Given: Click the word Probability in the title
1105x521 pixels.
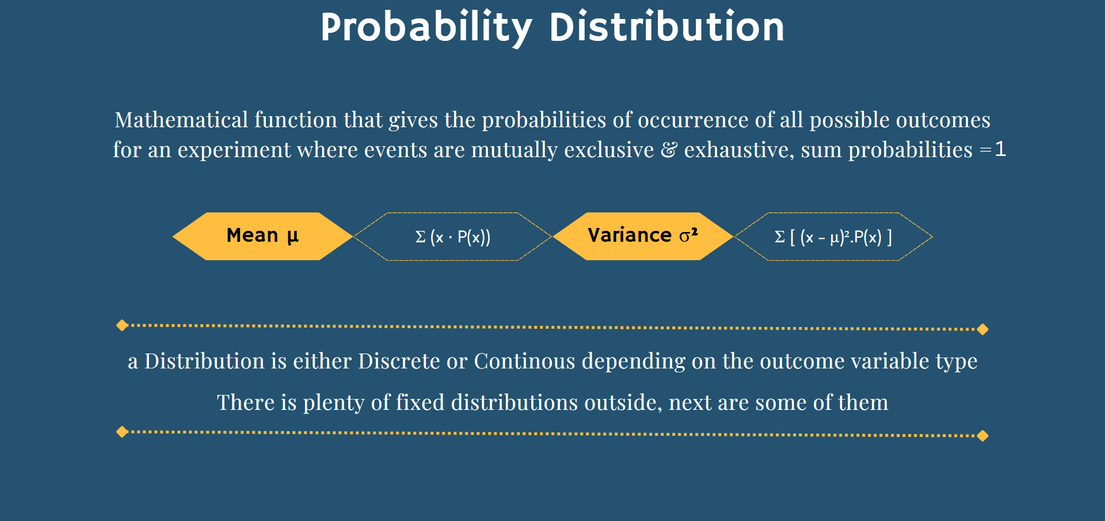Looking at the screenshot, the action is coord(426,28).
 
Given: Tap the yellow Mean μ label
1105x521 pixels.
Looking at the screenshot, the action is coord(262,236).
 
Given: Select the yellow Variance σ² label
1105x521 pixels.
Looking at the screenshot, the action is coord(643,236).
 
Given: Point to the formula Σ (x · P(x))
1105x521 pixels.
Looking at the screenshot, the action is coord(453,237).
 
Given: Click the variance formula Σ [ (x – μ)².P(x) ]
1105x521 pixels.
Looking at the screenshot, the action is coord(833,237).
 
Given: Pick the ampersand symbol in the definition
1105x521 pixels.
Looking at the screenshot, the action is coord(669,150).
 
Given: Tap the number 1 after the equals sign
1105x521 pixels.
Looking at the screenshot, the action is coord(1001,149).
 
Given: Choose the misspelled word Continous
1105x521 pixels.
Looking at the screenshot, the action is coord(524,361).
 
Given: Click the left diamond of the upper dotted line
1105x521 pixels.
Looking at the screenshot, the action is coord(122,325).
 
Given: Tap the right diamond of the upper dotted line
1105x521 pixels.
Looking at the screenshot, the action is coord(982,329).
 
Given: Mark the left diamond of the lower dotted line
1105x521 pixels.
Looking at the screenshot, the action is coord(122,432).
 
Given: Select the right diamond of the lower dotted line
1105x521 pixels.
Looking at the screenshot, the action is coord(982,436).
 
